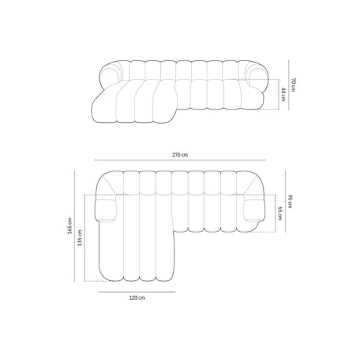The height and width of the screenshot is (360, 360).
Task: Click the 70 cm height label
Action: (x=292, y=85)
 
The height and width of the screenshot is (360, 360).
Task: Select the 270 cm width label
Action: (x=179, y=155)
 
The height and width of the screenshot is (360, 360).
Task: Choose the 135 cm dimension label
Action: (x=81, y=239)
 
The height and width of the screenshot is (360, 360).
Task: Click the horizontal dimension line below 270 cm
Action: (x=179, y=162)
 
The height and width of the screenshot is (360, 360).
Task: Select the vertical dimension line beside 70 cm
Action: (x=286, y=83)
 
